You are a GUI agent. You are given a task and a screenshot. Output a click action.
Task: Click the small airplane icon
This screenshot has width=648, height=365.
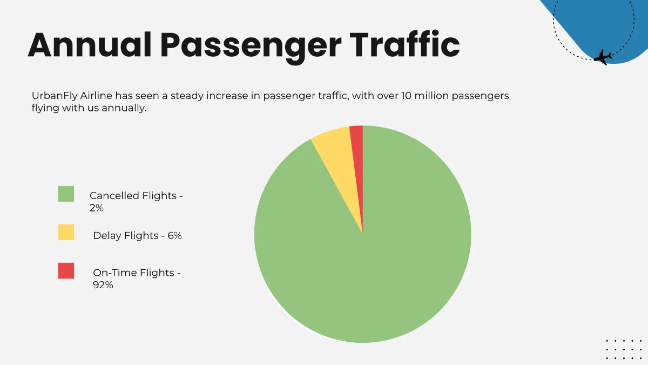603,57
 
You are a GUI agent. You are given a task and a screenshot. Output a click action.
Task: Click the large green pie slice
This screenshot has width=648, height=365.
373,254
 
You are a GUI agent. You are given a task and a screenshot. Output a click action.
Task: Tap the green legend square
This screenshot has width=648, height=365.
66,194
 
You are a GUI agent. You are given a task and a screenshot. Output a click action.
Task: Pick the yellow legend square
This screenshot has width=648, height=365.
66,233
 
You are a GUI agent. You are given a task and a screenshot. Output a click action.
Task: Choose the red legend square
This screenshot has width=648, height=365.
66,271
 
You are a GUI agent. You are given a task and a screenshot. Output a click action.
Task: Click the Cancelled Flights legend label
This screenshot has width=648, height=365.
136,196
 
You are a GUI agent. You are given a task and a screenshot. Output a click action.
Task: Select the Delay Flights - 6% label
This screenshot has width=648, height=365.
137,236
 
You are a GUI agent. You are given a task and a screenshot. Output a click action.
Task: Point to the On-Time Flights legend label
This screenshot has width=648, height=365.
137,273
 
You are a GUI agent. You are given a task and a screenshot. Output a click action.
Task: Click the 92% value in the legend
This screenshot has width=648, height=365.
103,285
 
